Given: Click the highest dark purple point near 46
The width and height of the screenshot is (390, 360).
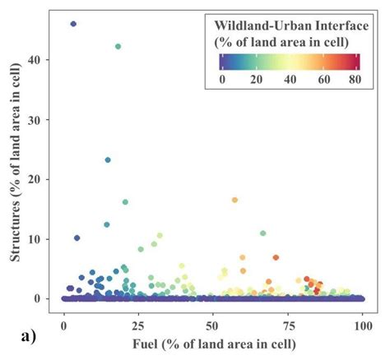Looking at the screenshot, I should click(x=73, y=24).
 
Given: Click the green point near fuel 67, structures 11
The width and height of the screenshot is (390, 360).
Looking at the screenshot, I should click(x=263, y=233).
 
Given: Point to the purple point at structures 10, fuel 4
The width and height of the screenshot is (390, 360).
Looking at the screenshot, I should click(x=77, y=238).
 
